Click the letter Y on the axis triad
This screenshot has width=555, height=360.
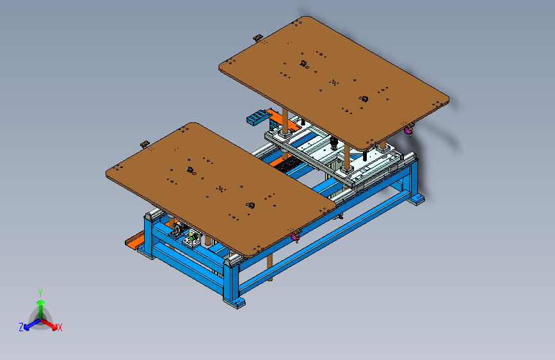pyautogui.click(x=40, y=293)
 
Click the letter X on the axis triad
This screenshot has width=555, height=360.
pyautogui.click(x=60, y=328)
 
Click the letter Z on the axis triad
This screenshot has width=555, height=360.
pyautogui.click(x=21, y=327)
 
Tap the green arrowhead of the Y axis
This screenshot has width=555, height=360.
pyautogui.click(x=41, y=302)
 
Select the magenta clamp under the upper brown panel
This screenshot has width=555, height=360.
pyautogui.click(x=408, y=131)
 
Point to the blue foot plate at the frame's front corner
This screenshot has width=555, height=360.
pyautogui.click(x=234, y=303)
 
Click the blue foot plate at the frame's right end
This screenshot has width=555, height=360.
pyautogui.click(x=416, y=199)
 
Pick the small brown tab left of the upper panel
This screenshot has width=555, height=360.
pyautogui.click(x=258, y=37)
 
